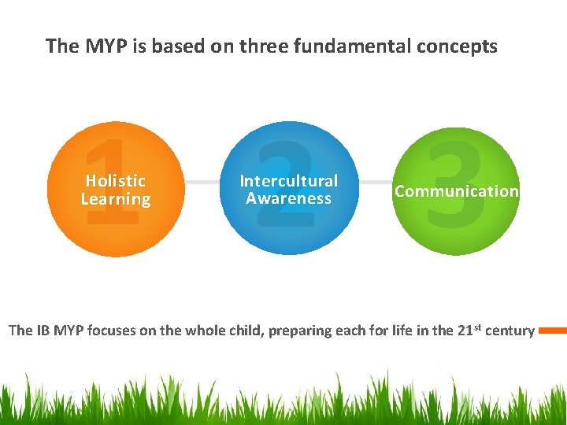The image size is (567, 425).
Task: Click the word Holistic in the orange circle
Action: pyautogui.click(x=115, y=181)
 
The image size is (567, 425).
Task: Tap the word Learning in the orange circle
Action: pyautogui.click(x=115, y=200)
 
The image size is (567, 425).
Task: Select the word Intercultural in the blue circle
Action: pyautogui.click(x=288, y=181)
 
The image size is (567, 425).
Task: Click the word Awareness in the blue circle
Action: pyautogui.click(x=288, y=199)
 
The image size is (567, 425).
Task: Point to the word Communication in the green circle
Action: pyautogui.click(x=457, y=191)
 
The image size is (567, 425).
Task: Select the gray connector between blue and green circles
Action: pyautogui.click(x=374, y=183)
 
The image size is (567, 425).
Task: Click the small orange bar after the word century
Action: pyautogui.click(x=552, y=331)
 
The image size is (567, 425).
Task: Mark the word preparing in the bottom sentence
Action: pyautogui.click(x=300, y=331)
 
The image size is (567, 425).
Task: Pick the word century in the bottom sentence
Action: pyautogui.click(x=510, y=331)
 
